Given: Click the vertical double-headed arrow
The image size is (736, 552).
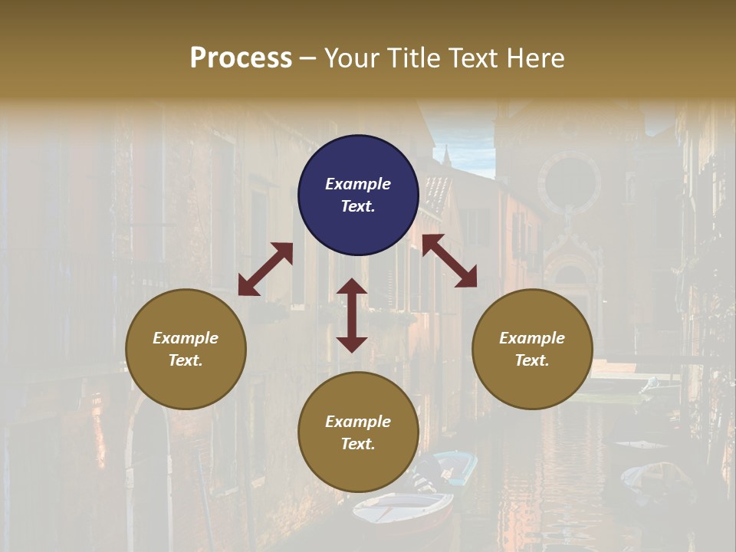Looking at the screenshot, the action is click(352, 315).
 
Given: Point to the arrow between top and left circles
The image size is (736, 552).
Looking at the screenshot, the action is click(265, 269).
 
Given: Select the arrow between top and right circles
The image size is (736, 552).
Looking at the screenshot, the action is click(449, 261).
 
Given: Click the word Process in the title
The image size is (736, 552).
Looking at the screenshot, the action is click(241, 58).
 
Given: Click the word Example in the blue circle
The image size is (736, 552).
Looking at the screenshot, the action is click(358, 184).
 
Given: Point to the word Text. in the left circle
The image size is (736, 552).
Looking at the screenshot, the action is click(186, 360).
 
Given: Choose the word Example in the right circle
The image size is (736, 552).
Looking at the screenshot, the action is click(532, 338).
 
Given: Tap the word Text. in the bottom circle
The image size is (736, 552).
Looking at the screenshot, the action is click(358, 444).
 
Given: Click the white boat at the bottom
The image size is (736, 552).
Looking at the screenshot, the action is click(402, 509).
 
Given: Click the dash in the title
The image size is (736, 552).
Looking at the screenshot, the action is click(308, 58).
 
